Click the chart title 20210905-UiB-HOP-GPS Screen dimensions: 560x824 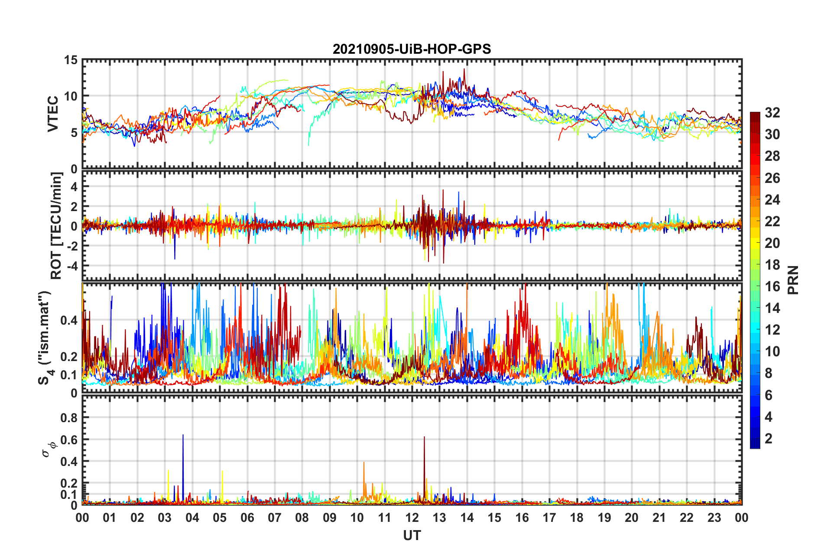412,49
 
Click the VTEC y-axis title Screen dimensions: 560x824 53,114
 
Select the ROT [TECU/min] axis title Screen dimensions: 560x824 56,225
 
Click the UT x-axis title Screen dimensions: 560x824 412,536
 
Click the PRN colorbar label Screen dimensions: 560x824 793,280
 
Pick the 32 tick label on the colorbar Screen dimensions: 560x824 772,113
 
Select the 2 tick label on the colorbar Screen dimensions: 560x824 769,439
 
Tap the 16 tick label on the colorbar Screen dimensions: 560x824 772,287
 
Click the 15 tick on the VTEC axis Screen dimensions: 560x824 71,60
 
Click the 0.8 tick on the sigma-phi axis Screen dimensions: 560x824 69,418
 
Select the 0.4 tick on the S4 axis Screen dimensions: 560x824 69,320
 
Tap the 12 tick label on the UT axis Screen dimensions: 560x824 412,518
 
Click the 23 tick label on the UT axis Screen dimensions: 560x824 714,518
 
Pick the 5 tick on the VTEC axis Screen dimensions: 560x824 74,133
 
